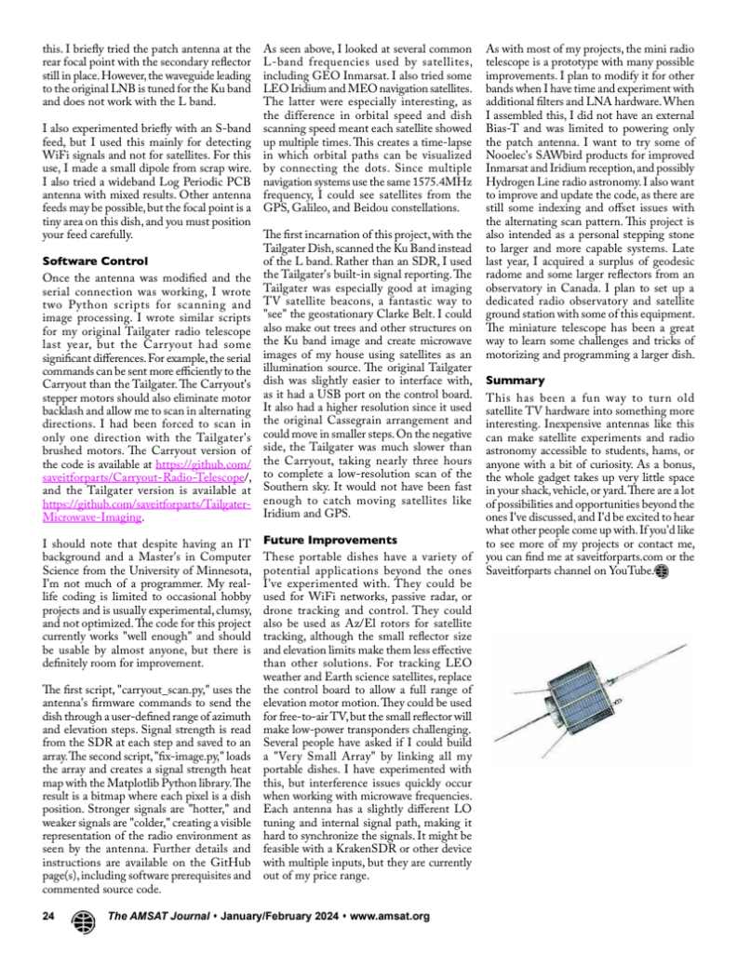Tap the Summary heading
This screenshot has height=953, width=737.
coord(509,381)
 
